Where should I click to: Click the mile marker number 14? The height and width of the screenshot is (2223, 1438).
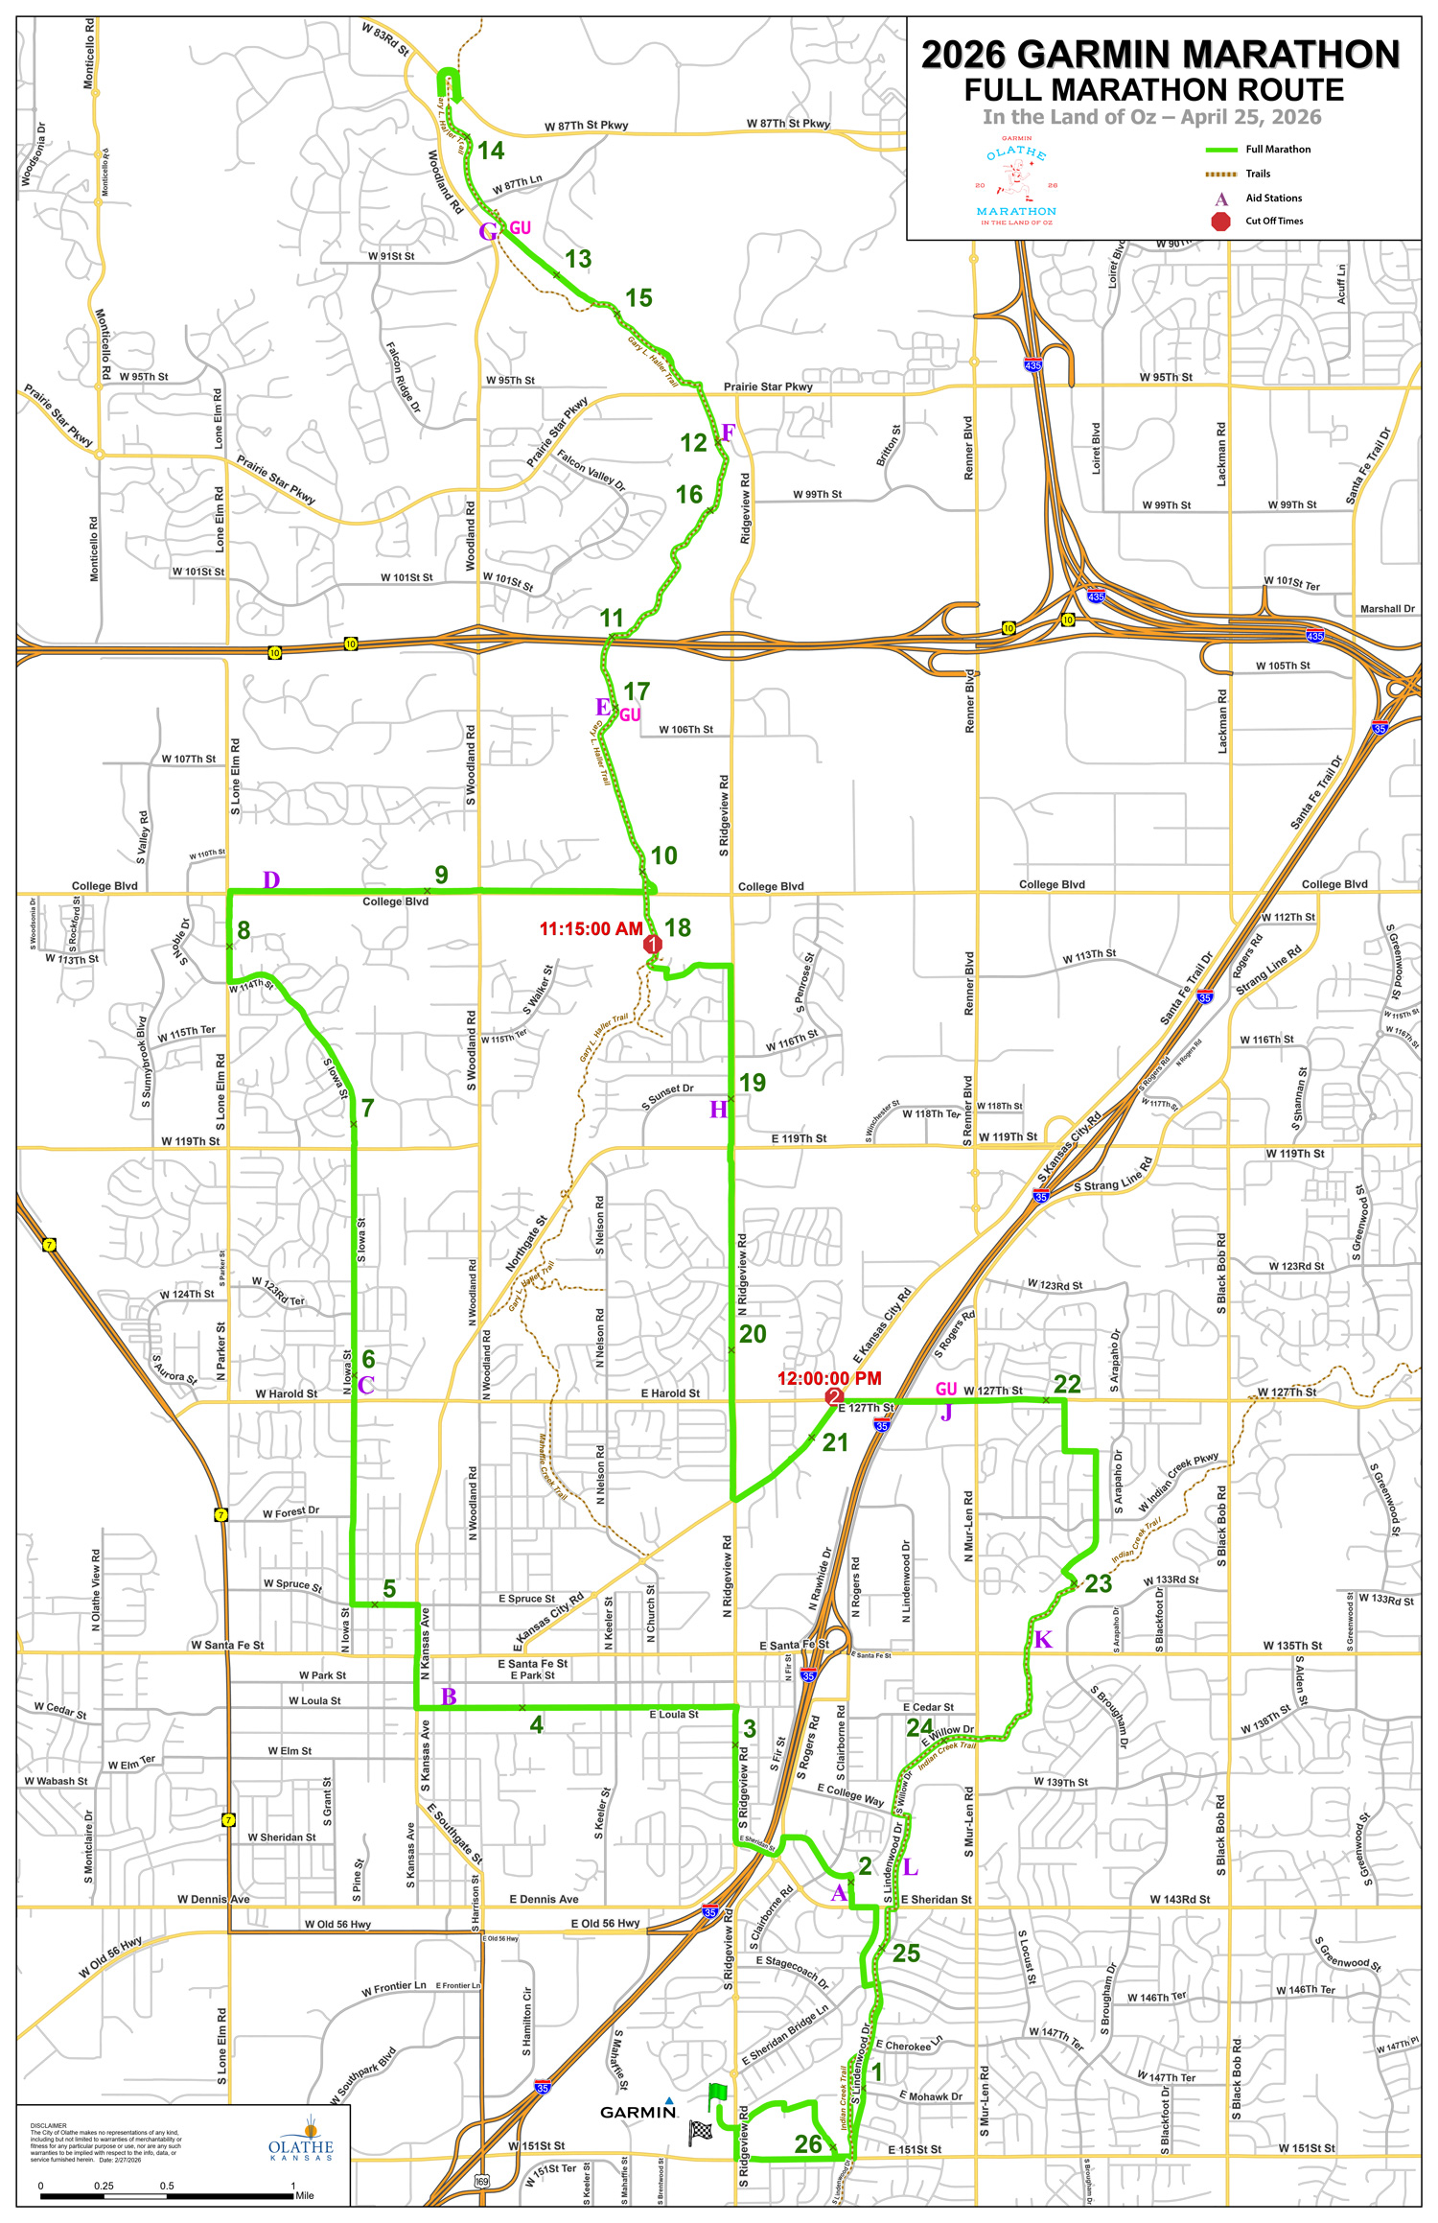pyautogui.click(x=491, y=151)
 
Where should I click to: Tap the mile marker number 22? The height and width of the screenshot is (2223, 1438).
pyautogui.click(x=1067, y=1384)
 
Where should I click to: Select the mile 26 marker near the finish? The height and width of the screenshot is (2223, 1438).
pyautogui.click(x=808, y=2144)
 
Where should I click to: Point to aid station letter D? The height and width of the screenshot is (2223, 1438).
pyautogui.click(x=271, y=880)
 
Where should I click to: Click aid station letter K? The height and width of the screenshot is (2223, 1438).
pyautogui.click(x=1043, y=1639)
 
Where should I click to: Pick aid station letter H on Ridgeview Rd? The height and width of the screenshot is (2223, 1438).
pyautogui.click(x=718, y=1110)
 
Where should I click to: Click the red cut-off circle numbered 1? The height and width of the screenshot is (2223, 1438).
pyautogui.click(x=653, y=945)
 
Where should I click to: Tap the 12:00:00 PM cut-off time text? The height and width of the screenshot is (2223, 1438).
pyautogui.click(x=829, y=1378)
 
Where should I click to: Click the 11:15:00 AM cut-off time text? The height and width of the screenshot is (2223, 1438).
pyautogui.click(x=591, y=928)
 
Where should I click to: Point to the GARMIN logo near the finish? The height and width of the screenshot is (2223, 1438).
pyautogui.click(x=638, y=2112)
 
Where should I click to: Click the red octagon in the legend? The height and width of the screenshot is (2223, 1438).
pyautogui.click(x=1220, y=222)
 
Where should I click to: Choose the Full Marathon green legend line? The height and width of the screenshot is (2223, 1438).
pyautogui.click(x=1221, y=150)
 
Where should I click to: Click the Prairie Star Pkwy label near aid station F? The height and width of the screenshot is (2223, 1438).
pyautogui.click(x=768, y=386)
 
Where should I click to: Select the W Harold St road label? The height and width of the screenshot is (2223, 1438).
pyautogui.click(x=286, y=1393)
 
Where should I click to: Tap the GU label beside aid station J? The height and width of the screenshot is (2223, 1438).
pyautogui.click(x=946, y=1389)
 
